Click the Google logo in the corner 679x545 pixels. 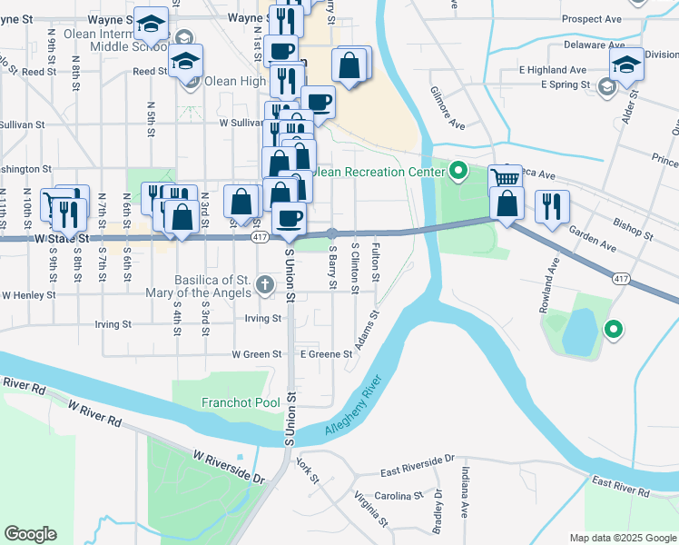(30, 534)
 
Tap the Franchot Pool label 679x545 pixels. (234, 401)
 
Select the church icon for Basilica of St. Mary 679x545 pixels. (265, 284)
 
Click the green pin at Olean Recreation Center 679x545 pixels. (458, 170)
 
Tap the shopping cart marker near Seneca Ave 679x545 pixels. (505, 178)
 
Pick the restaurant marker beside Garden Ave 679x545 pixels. (552, 206)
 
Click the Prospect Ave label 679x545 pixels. (591, 18)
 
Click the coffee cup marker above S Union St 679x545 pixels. (289, 219)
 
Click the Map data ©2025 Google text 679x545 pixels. (622, 538)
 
